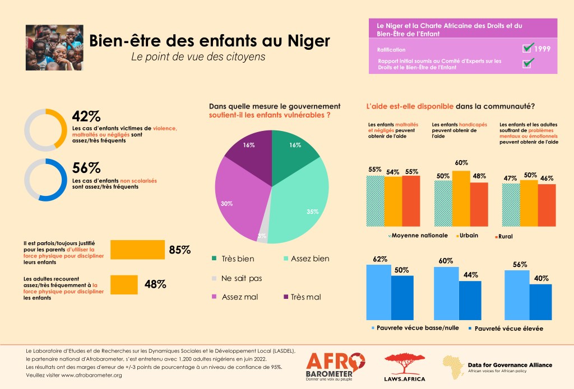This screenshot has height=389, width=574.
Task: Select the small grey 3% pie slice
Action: pos(262,236)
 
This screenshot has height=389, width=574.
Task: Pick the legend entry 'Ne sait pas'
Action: pos(242,278)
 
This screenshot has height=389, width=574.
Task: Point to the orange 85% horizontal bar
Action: pos(137,250)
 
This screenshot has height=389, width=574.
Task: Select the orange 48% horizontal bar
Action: pos(124,284)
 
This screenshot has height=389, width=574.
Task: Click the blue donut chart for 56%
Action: pos(47,180)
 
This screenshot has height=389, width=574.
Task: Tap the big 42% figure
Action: pos(86,116)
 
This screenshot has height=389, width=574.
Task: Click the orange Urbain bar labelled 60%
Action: pos(460,198)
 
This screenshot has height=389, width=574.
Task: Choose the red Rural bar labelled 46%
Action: pos(547,205)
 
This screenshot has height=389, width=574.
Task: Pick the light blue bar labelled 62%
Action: pos(378,291)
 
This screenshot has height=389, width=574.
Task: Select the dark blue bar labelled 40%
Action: pos(540,301)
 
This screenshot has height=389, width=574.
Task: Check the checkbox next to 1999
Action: pos(527,48)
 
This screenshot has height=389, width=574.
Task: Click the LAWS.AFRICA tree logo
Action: pos(405,367)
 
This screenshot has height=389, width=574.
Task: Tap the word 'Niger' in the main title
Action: pos(307,41)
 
